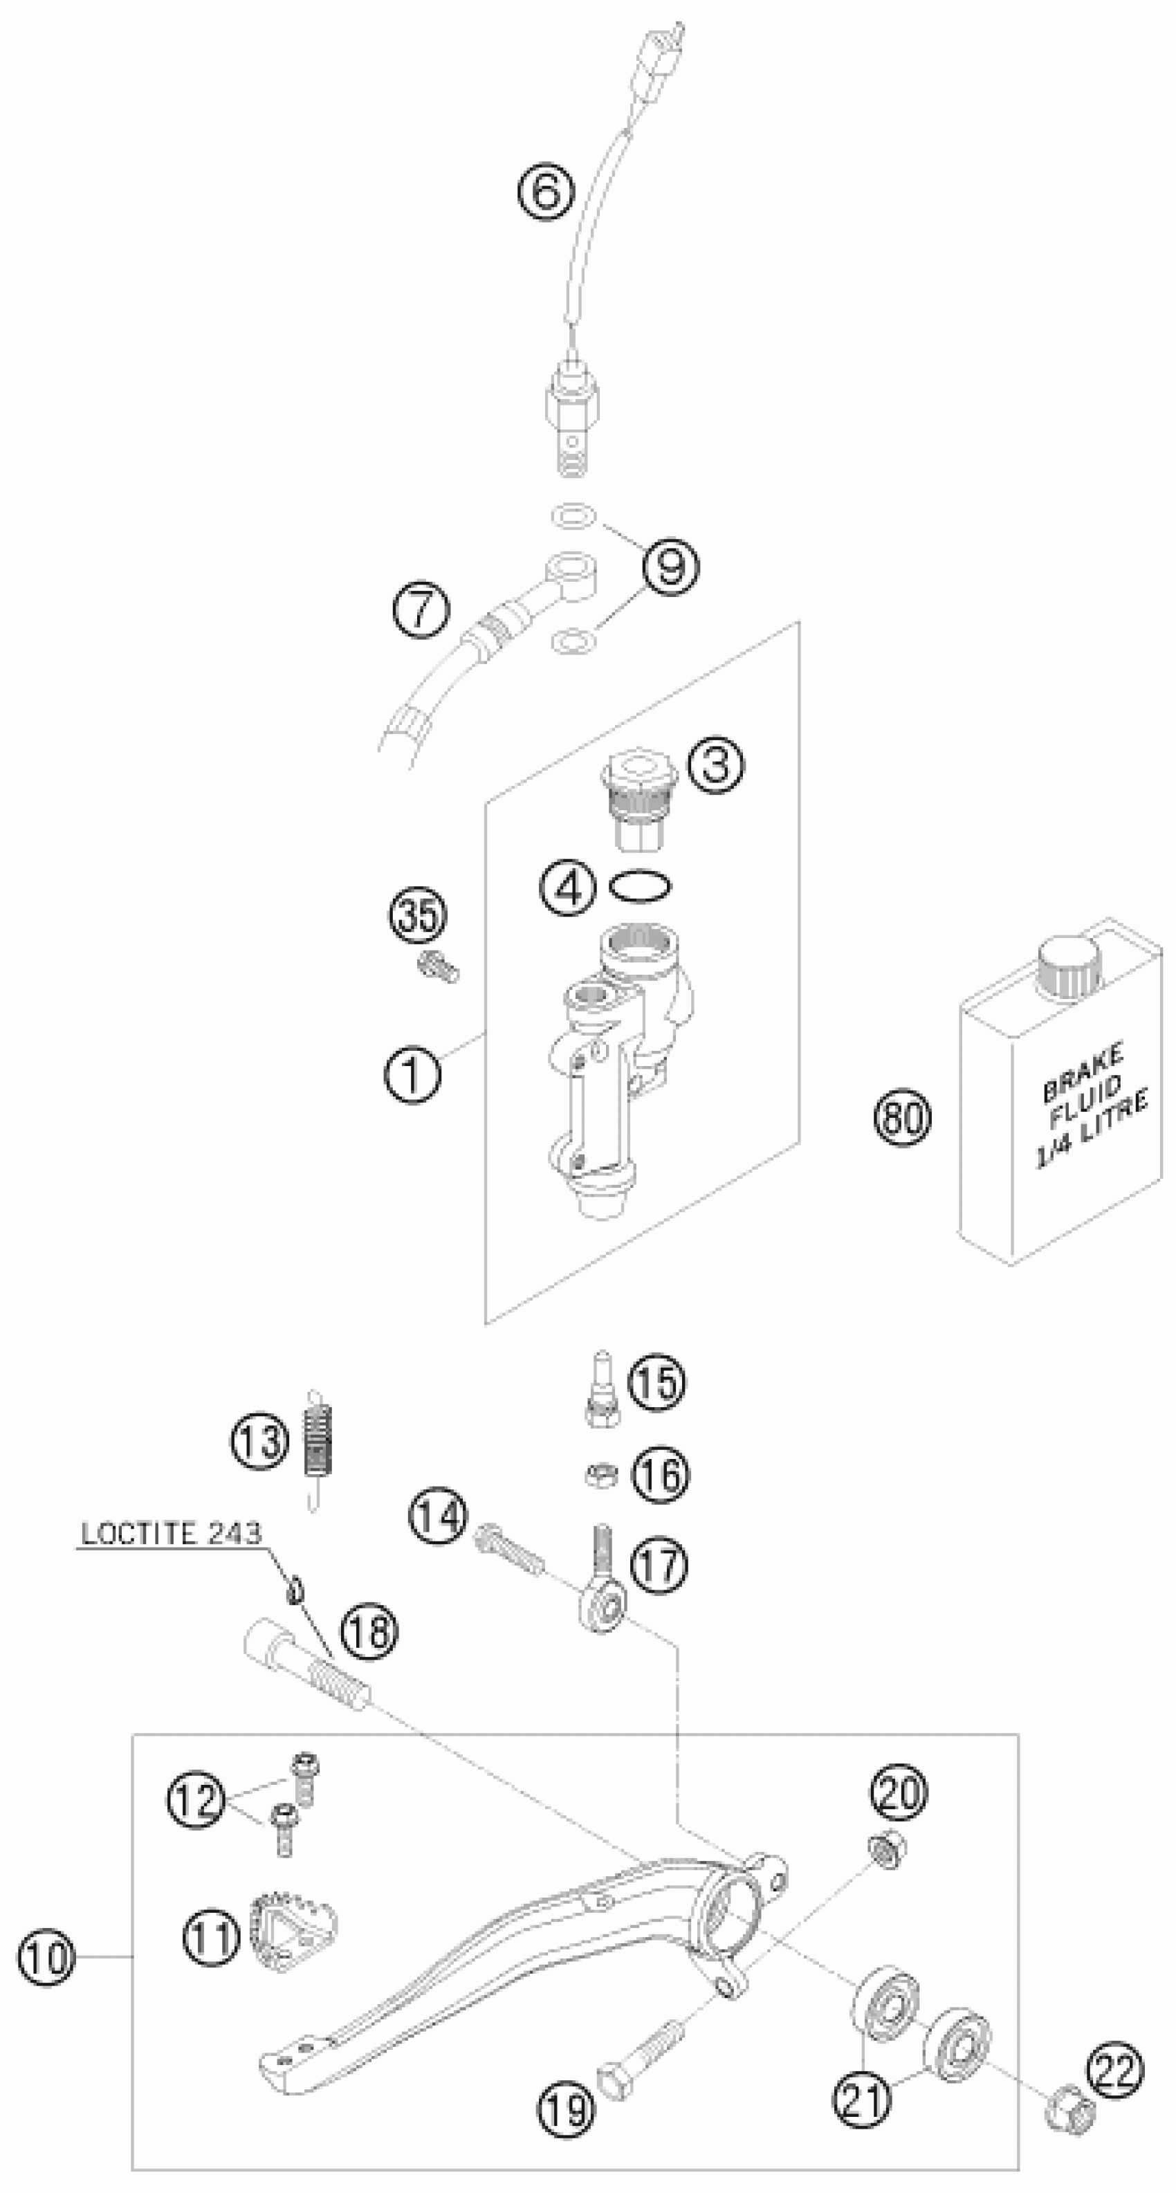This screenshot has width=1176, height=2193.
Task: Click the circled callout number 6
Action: pyautogui.click(x=545, y=192)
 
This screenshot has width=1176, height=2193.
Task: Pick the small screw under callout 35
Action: pyautogui.click(x=439, y=966)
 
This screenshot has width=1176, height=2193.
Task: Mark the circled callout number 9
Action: pyautogui.click(x=670, y=566)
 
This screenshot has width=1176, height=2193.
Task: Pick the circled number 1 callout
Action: pyautogui.click(x=412, y=1075)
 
